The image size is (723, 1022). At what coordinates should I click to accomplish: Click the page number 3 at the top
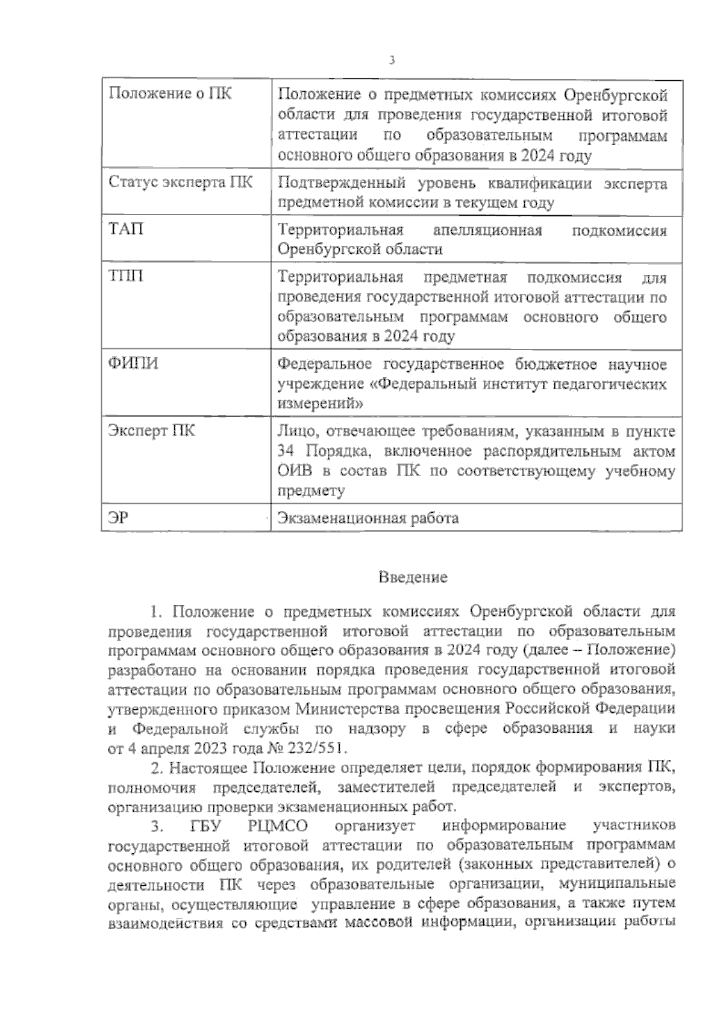[392, 60]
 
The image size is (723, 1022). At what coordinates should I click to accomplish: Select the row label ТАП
[126, 230]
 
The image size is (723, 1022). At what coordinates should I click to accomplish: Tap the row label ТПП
[126, 277]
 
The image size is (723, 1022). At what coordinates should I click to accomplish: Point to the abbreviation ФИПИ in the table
[133, 363]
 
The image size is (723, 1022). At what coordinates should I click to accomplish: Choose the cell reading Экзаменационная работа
[368, 518]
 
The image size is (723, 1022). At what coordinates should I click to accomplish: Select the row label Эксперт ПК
[151, 431]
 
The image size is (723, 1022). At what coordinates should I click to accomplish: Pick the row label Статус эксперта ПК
[180, 182]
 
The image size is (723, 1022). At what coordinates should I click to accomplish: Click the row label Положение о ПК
[169, 94]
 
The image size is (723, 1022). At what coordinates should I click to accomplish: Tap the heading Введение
[413, 577]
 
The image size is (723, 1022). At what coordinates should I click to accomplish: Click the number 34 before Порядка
[286, 451]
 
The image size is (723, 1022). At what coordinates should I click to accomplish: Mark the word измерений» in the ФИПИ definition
[320, 403]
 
